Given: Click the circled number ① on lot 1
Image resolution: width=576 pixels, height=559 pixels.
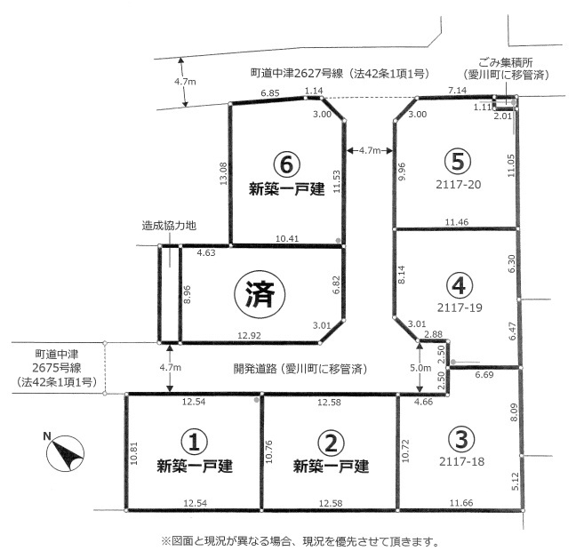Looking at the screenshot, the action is pos(195,442).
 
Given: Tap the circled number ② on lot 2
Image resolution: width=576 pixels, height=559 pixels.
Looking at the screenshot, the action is pos(331,443).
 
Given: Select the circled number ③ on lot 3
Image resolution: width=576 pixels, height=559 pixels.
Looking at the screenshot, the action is pos(461,439).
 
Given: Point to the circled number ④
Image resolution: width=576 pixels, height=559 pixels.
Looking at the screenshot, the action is pos(460,286).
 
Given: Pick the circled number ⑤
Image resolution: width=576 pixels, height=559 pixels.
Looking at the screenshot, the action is pos(458,162).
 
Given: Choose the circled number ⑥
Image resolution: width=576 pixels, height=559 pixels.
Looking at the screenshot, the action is pos(286,165).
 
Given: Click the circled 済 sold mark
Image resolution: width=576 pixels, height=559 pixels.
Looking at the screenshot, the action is pos(260,294).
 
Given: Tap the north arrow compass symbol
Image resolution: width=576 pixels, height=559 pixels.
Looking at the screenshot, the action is pos(65,452).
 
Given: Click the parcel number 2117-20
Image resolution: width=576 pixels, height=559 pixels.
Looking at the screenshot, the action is pos(458,184).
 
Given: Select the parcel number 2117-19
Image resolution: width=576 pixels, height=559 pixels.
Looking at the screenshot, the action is pos(460,307).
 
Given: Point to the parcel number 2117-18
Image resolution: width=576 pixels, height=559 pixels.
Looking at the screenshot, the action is pos(461,461).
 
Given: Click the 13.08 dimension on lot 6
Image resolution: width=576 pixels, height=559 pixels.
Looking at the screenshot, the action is pos(223,173).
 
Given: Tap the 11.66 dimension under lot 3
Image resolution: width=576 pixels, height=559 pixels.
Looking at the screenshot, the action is pos(461,502).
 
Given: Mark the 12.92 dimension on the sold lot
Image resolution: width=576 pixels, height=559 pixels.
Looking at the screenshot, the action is pos(249,335).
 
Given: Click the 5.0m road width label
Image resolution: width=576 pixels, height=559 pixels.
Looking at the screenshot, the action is pos(420,368).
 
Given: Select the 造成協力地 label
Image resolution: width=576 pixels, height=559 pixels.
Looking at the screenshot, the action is pos(169,226).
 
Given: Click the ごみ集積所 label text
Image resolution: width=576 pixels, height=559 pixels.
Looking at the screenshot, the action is pos(506,62).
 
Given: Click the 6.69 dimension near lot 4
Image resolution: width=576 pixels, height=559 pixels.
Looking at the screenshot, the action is pos(484,375).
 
